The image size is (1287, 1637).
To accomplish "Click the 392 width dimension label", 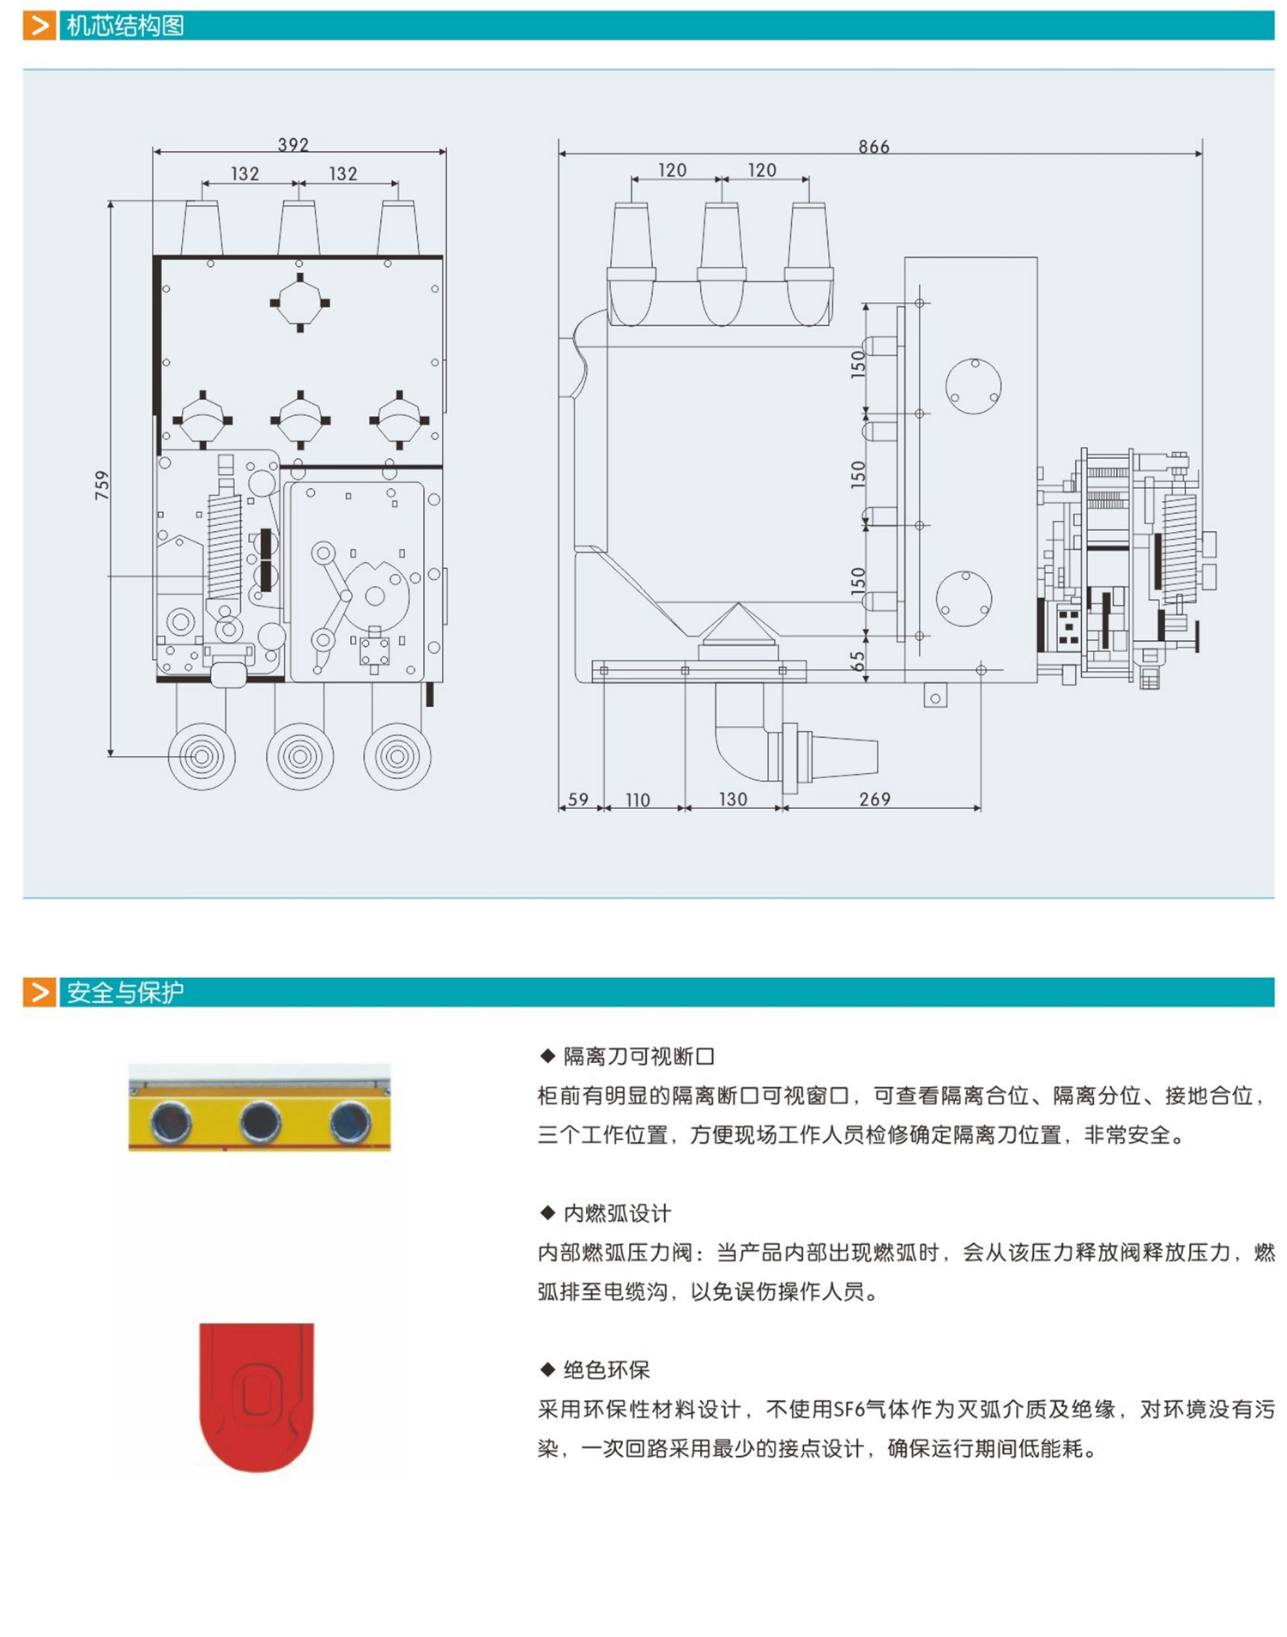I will pyautogui.click(x=293, y=144).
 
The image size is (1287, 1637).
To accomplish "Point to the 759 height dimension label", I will pyautogui.click(x=102, y=485).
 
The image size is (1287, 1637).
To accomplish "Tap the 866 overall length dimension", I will pyautogui.click(x=873, y=147).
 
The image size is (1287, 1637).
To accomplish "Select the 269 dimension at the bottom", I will pyautogui.click(x=874, y=799).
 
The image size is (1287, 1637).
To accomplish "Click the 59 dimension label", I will pyautogui.click(x=578, y=799).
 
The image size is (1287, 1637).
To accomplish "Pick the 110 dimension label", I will pyautogui.click(x=637, y=800).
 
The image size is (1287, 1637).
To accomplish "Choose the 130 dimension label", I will pyautogui.click(x=733, y=799).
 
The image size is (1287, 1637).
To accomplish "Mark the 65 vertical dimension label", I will pyautogui.click(x=857, y=661).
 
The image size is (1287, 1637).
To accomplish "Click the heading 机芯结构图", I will pyautogui.click(x=125, y=26).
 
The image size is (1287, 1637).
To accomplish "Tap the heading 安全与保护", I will pyautogui.click(x=125, y=993).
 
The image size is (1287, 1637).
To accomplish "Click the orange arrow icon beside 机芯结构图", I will pyautogui.click(x=39, y=26).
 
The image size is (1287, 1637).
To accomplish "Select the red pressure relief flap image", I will pyautogui.click(x=257, y=1396).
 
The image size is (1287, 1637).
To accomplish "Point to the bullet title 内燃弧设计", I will pyautogui.click(x=617, y=1213).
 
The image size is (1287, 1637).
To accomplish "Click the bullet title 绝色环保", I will pyautogui.click(x=606, y=1369).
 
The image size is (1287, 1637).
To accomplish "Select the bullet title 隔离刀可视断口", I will pyautogui.click(x=638, y=1056).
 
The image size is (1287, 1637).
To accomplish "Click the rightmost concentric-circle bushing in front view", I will pyautogui.click(x=397, y=756).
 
